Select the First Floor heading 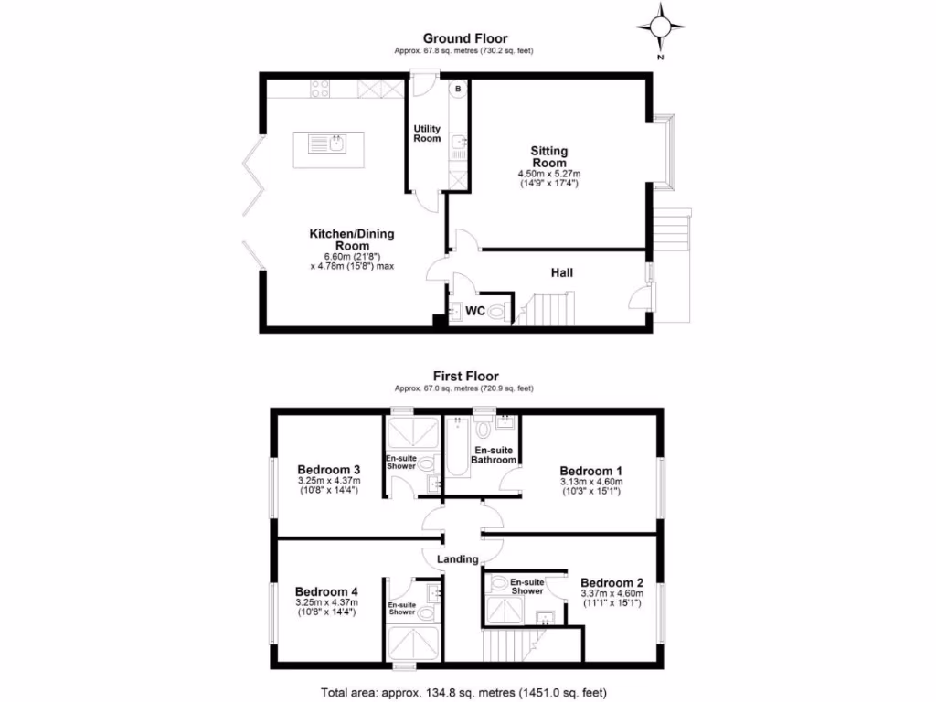click(466, 376)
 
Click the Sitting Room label click(549, 156)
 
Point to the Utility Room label click(427, 133)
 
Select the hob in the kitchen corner click(320, 89)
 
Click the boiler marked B click(458, 89)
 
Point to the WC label click(474, 311)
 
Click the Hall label click(561, 272)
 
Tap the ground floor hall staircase click(545, 308)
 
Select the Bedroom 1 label click(590, 470)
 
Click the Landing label click(457, 559)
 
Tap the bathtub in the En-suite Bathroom click(456, 448)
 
